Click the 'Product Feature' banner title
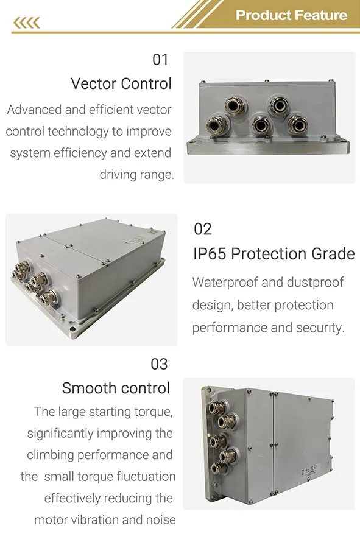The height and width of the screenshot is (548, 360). pos(291,15)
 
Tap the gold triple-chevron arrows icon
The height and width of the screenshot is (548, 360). pos(26,23)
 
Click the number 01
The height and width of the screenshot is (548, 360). pos(160,60)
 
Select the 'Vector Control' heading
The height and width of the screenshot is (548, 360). pos(121,83)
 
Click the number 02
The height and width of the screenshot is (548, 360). pos(203,229)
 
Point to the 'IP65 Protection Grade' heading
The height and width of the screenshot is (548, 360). pos(274,253)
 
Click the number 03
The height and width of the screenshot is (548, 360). pos(159,364)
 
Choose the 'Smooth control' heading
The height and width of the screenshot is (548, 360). pos(116,388)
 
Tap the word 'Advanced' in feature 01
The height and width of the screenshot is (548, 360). pos(34,110)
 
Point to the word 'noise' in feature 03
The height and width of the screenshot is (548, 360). pos(159,520)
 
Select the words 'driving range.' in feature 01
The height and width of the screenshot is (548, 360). pos(137,175)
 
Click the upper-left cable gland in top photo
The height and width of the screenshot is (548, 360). pos(233,103)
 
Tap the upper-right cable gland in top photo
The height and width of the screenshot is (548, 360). pos(279,103)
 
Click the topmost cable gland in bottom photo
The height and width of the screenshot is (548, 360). pos(216,407)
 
